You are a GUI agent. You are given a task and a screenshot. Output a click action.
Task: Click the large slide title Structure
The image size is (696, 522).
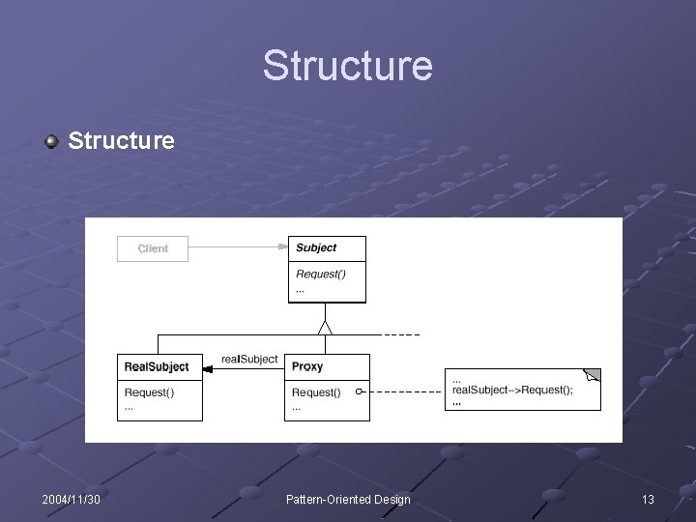point(347,66)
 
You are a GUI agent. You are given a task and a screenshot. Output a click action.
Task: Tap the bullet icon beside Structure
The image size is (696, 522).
point(51,142)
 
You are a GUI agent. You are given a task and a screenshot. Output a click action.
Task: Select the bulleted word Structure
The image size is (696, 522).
point(121,141)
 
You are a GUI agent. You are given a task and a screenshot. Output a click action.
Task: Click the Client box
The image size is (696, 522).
point(153,248)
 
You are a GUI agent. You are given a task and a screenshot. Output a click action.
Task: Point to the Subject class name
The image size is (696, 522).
point(316,248)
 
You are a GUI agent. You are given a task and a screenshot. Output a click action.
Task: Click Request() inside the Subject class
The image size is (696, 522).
point(320,274)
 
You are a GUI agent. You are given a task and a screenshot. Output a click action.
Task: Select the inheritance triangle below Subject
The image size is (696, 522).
point(326,327)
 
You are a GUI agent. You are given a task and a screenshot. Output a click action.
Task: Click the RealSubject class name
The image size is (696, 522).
point(157,367)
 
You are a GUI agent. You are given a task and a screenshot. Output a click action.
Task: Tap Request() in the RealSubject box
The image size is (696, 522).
point(150,392)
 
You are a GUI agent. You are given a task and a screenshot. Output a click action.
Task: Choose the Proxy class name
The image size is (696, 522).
point(307,367)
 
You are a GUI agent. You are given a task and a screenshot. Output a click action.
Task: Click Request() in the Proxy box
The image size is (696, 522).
point(316,392)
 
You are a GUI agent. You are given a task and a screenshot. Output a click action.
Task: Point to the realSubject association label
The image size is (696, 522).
point(248,359)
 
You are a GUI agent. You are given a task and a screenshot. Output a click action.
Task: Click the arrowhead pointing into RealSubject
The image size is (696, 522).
point(209,367)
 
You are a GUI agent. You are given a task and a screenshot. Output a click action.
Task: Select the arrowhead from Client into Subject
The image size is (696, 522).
point(283,248)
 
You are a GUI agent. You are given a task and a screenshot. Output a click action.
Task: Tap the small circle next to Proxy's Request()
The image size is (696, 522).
point(359,392)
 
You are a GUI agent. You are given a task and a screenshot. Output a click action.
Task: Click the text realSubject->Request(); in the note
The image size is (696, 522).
point(512,390)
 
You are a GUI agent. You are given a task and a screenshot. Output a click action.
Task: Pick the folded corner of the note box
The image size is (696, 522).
point(593,375)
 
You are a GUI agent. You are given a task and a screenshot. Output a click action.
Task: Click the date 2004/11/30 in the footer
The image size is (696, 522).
point(72,499)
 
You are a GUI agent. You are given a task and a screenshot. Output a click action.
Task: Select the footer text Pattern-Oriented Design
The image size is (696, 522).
point(348,499)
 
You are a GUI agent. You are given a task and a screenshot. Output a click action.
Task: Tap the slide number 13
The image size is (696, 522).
point(648,499)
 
